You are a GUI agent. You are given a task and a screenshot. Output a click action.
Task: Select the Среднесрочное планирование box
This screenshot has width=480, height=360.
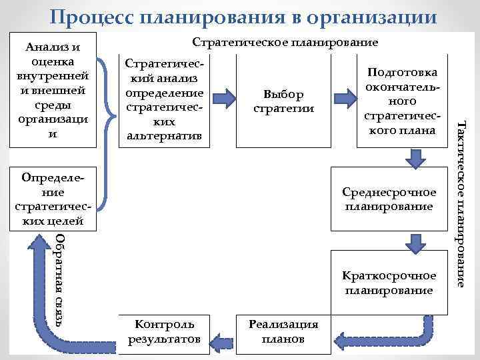[388, 199]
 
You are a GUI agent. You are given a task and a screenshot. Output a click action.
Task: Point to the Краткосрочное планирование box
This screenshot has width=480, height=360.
[388, 283]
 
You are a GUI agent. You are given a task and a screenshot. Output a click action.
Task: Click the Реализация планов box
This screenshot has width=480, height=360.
[283, 331]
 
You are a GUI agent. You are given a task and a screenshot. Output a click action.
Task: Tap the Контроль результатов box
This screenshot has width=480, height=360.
[165, 331]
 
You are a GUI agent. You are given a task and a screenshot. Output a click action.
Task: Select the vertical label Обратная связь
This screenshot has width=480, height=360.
[60, 280]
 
